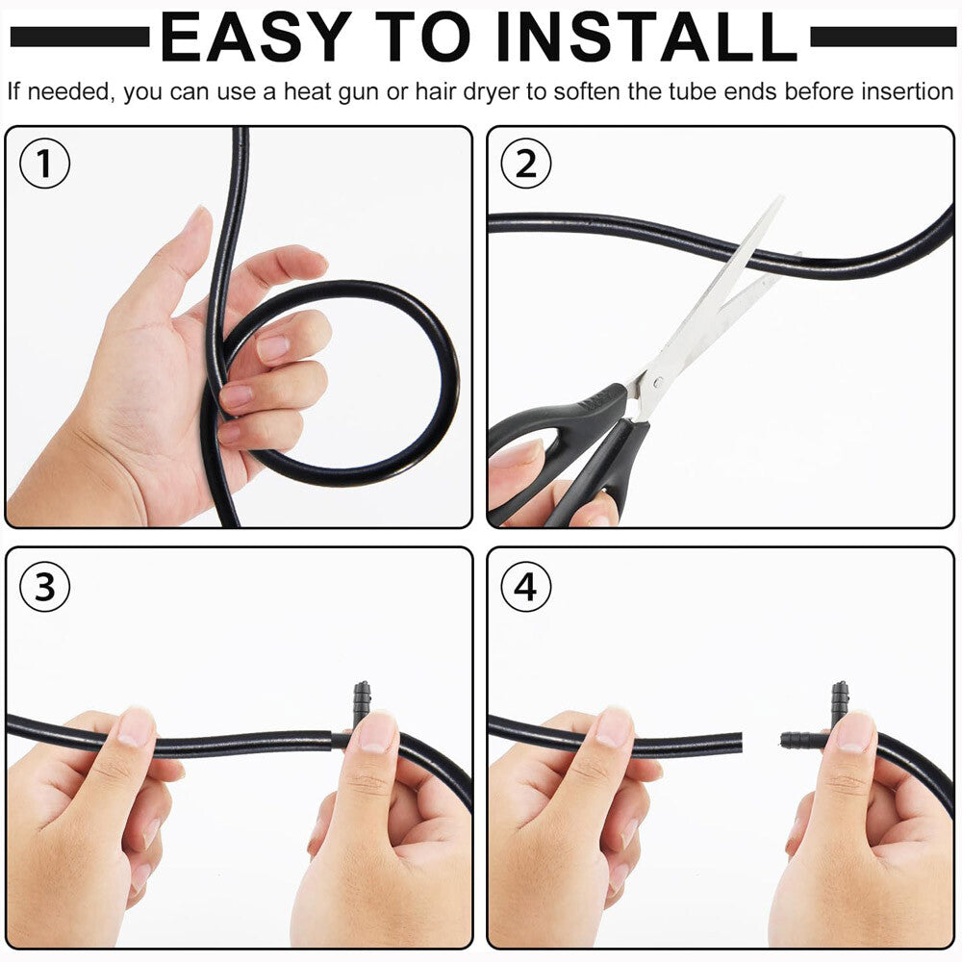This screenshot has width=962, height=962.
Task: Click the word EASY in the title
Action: [x=256, y=38]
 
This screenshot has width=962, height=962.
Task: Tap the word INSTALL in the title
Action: [x=646, y=38]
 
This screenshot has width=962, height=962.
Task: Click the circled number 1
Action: [x=45, y=164]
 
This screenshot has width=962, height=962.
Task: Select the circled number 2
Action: [x=526, y=164]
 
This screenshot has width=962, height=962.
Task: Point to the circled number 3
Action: [x=45, y=587]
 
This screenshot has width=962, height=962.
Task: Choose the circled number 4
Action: [x=526, y=587]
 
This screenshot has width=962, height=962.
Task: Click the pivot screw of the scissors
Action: [x=658, y=382]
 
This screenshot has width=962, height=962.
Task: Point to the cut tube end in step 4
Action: [x=738, y=743]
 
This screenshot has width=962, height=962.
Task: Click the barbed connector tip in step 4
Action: [x=785, y=740]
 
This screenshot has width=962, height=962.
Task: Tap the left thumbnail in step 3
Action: [x=137, y=727]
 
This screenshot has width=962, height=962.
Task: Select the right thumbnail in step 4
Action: [x=854, y=732]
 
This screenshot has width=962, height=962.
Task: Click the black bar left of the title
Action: [x=80, y=37]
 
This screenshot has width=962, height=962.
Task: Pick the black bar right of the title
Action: [x=883, y=37]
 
